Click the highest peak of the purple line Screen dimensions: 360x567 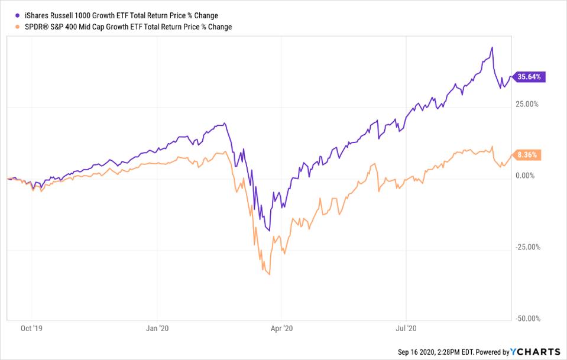pyautogui.click(x=492, y=48)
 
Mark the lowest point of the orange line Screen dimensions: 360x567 pyautogui.click(x=270, y=274)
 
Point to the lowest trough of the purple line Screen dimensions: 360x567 pyautogui.click(x=268, y=231)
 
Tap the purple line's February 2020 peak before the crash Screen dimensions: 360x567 pyautogui.click(x=223, y=124)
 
